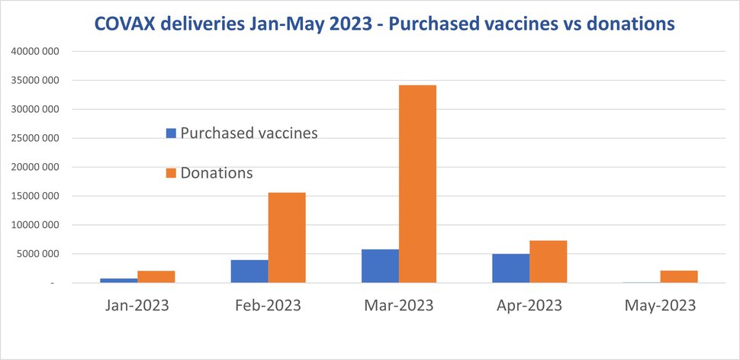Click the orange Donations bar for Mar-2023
click(x=417, y=184)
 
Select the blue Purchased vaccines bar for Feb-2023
click(x=249, y=272)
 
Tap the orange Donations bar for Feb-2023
click(x=287, y=238)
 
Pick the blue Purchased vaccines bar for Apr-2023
click(x=511, y=268)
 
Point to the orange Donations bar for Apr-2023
click(x=548, y=262)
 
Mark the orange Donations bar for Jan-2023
click(x=156, y=277)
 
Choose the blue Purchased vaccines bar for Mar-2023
click(x=381, y=266)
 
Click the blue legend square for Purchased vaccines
click(x=171, y=133)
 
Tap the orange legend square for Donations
click(x=171, y=174)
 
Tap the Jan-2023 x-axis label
click(x=137, y=306)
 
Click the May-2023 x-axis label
click(x=660, y=306)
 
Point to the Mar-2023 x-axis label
click(x=398, y=306)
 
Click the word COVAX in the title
click(x=122, y=24)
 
